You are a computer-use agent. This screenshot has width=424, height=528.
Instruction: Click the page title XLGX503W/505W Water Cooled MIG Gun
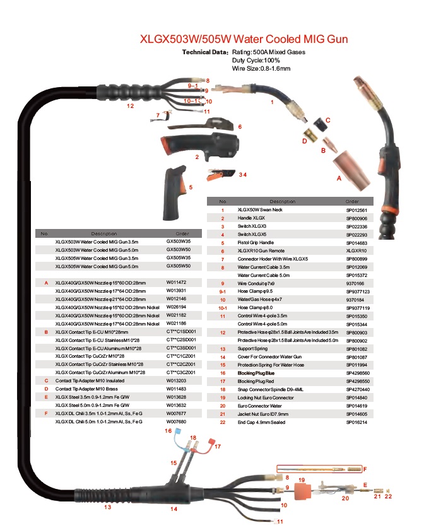(243, 38)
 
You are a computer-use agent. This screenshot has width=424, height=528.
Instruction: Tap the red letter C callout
(327, 119)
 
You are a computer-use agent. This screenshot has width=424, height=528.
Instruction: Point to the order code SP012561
(356, 209)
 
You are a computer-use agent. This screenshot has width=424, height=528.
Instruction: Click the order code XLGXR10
(356, 250)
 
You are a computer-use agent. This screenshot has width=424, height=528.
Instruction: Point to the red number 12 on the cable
(130, 106)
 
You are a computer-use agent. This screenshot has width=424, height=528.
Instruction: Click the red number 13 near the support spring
(107, 507)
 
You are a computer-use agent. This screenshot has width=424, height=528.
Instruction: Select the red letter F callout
(364, 469)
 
